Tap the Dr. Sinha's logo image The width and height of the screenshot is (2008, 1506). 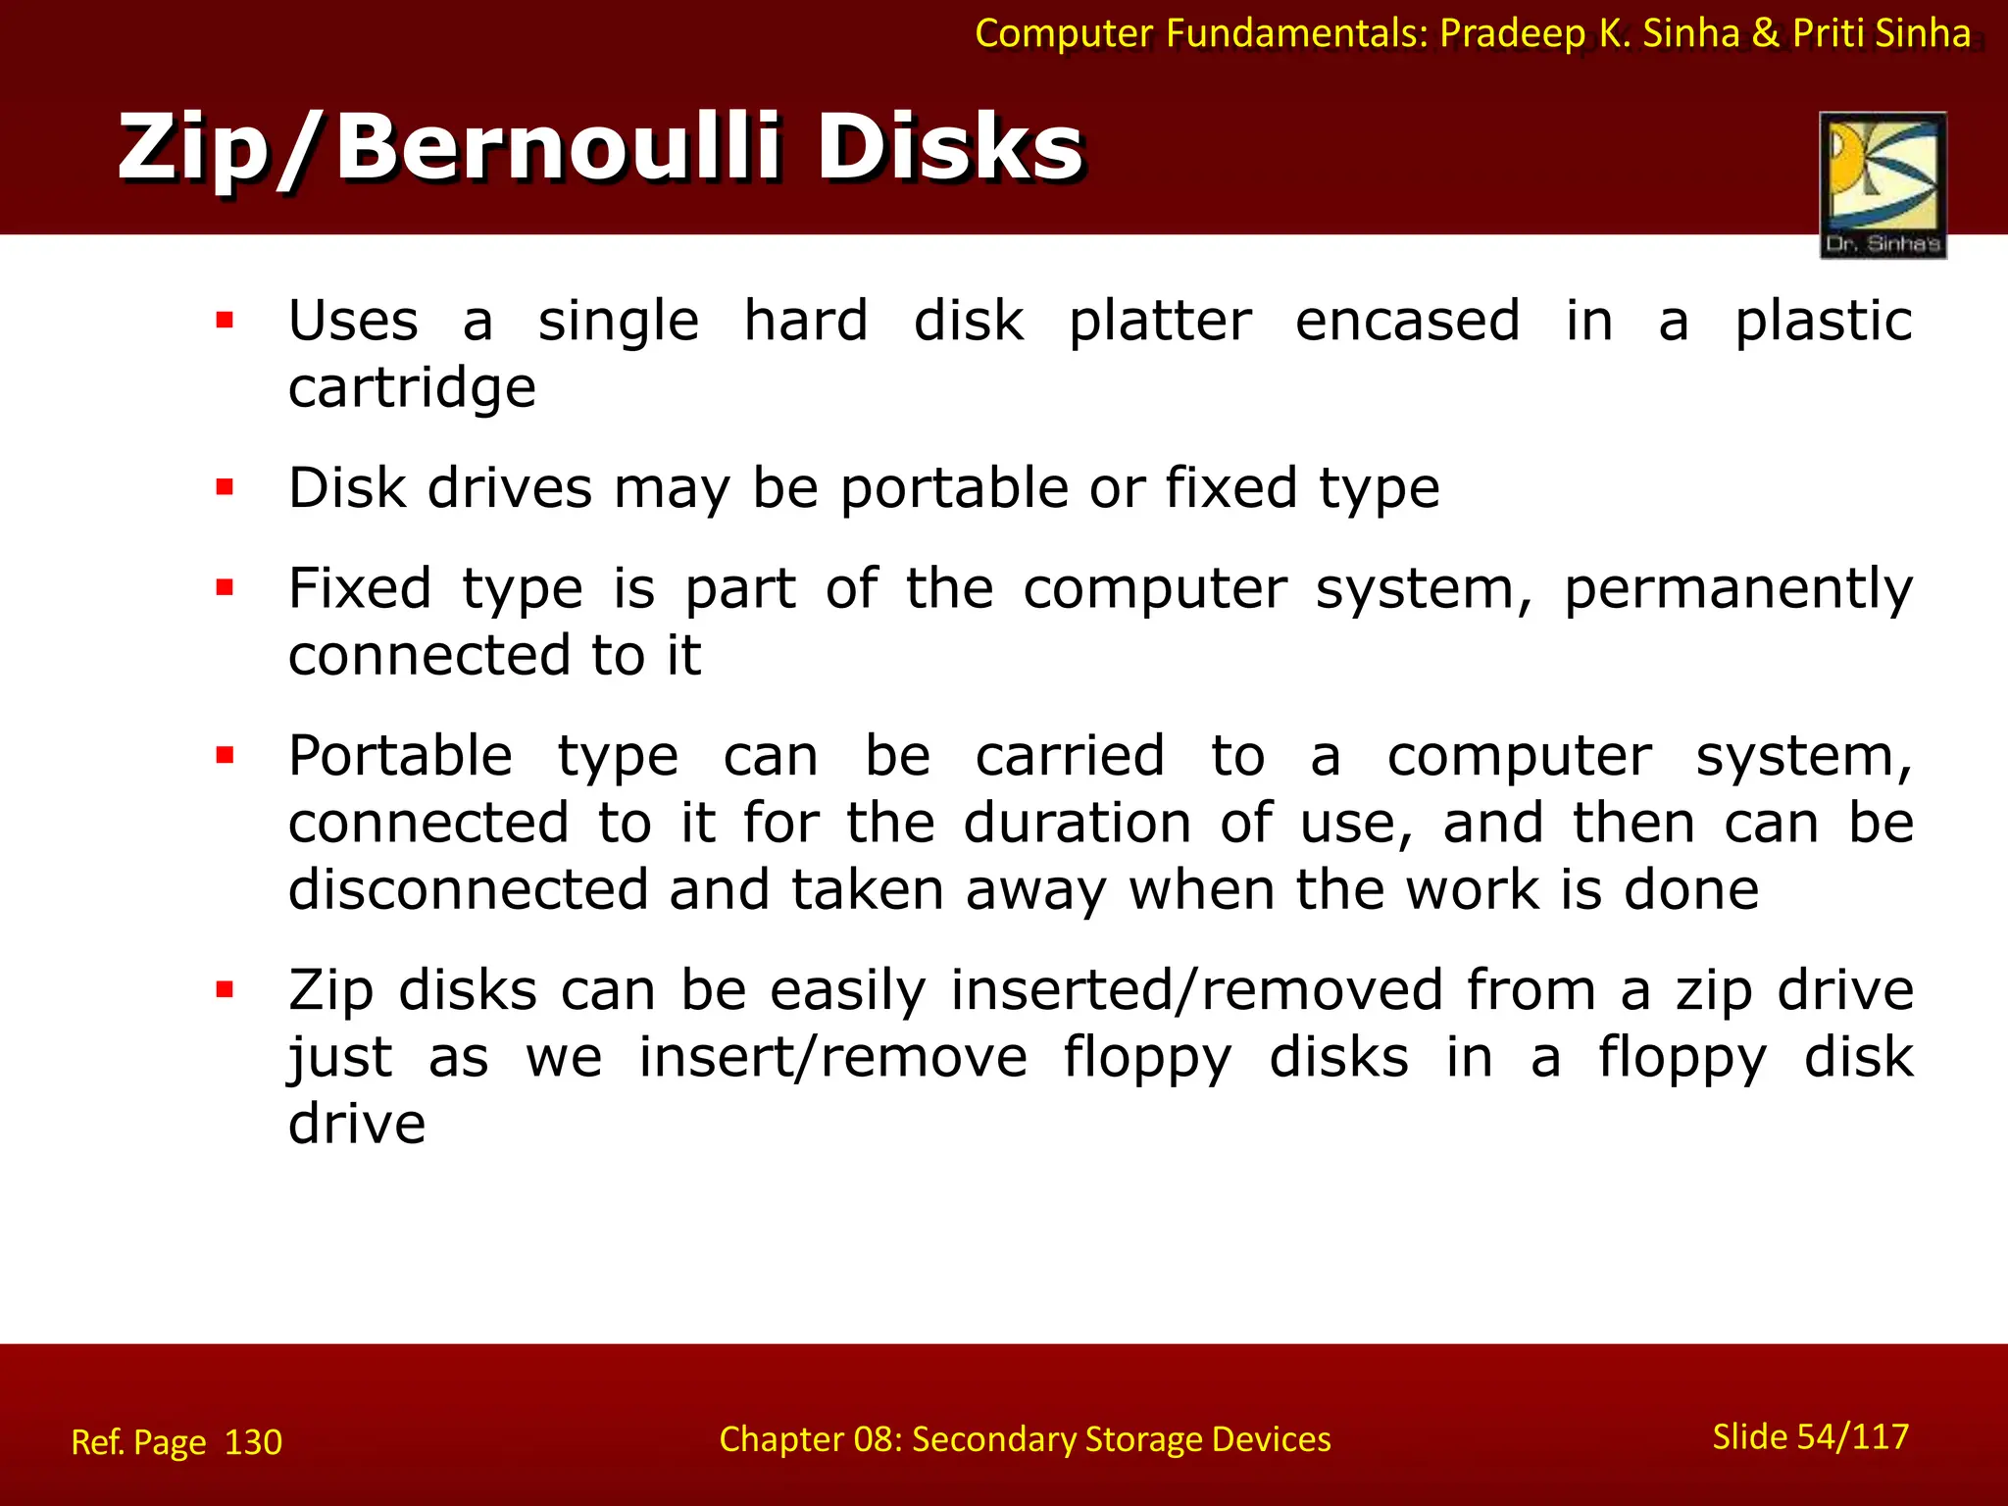[1882, 184]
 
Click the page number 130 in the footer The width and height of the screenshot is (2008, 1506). [253, 1442]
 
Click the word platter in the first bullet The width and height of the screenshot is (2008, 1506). [1160, 322]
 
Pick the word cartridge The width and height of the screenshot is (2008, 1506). [412, 389]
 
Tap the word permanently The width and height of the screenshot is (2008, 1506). [1737, 590]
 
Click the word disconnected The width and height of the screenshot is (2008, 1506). [469, 889]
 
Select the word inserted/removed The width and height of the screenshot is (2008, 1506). [1197, 990]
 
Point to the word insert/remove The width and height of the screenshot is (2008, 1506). [833, 1057]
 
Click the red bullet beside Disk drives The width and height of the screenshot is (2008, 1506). [226, 487]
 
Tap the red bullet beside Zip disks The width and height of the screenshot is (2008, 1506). [226, 989]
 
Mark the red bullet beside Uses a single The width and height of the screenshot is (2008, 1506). [226, 320]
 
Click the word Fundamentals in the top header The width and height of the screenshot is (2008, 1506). [1296, 33]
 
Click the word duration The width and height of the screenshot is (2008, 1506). [1078, 823]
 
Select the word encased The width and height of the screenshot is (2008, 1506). [1408, 322]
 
